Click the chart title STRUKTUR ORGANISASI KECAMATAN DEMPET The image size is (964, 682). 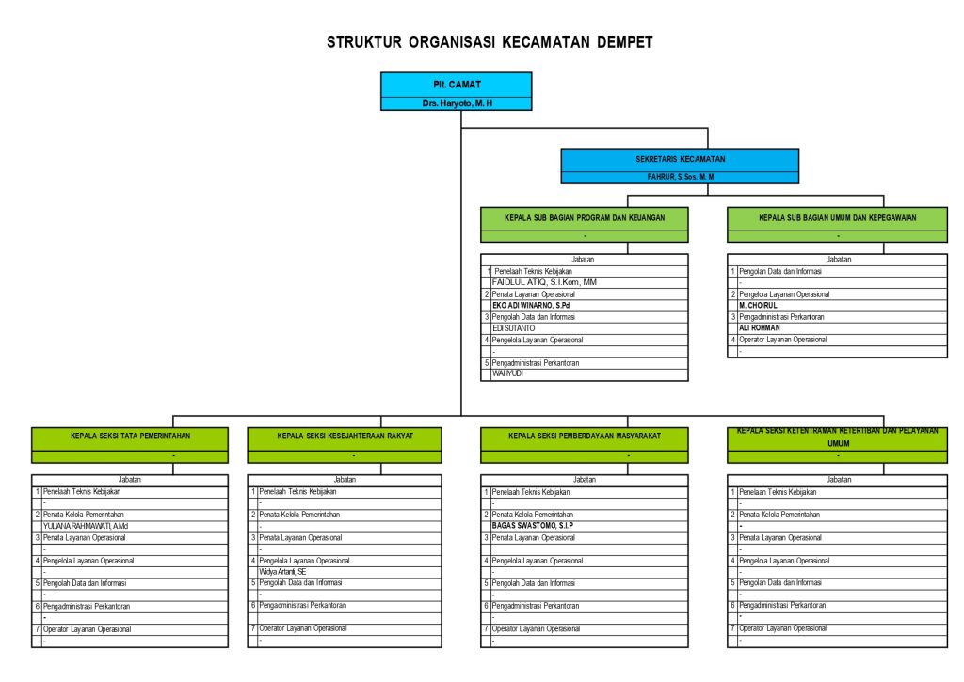click(490, 42)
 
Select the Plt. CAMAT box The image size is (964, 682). click(457, 85)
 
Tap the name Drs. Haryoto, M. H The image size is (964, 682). click(457, 103)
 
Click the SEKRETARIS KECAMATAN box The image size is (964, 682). click(680, 160)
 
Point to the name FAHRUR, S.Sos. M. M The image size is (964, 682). click(680, 176)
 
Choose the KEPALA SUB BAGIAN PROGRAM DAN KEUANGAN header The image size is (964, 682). click(584, 217)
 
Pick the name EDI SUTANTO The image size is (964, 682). click(515, 328)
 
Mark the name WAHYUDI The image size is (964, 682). click(508, 373)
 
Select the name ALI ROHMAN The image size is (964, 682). click(760, 328)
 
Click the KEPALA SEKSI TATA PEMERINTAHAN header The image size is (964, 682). click(130, 436)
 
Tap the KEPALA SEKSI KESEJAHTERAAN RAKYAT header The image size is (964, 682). click(345, 436)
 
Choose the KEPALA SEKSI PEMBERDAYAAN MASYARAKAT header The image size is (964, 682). click(584, 436)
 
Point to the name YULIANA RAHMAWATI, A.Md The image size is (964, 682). click(86, 526)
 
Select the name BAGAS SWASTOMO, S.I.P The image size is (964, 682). click(533, 526)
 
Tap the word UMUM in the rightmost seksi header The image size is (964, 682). click(838, 443)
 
